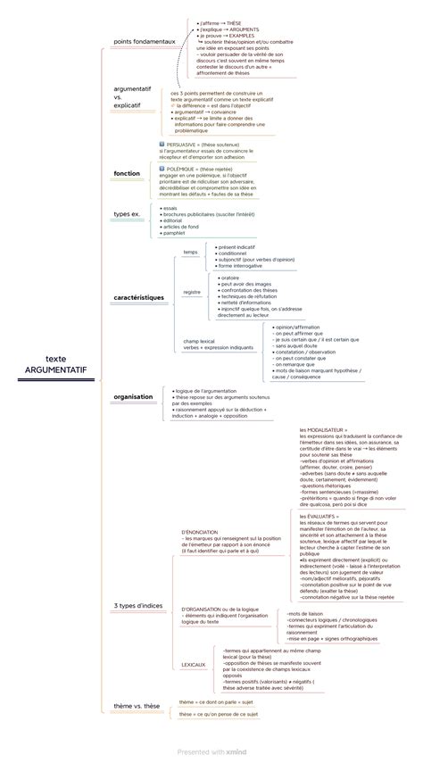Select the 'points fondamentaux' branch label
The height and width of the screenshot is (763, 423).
click(x=144, y=41)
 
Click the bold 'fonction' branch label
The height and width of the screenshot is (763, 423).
click(x=127, y=172)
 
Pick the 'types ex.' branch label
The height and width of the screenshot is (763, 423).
click(x=128, y=214)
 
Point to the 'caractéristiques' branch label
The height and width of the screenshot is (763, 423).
click(x=138, y=295)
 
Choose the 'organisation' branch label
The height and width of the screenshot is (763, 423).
click(x=133, y=396)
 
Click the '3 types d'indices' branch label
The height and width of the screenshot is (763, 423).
click(x=139, y=606)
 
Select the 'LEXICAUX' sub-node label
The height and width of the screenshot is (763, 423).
click(x=194, y=664)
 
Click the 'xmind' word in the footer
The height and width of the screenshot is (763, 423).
click(x=236, y=752)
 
